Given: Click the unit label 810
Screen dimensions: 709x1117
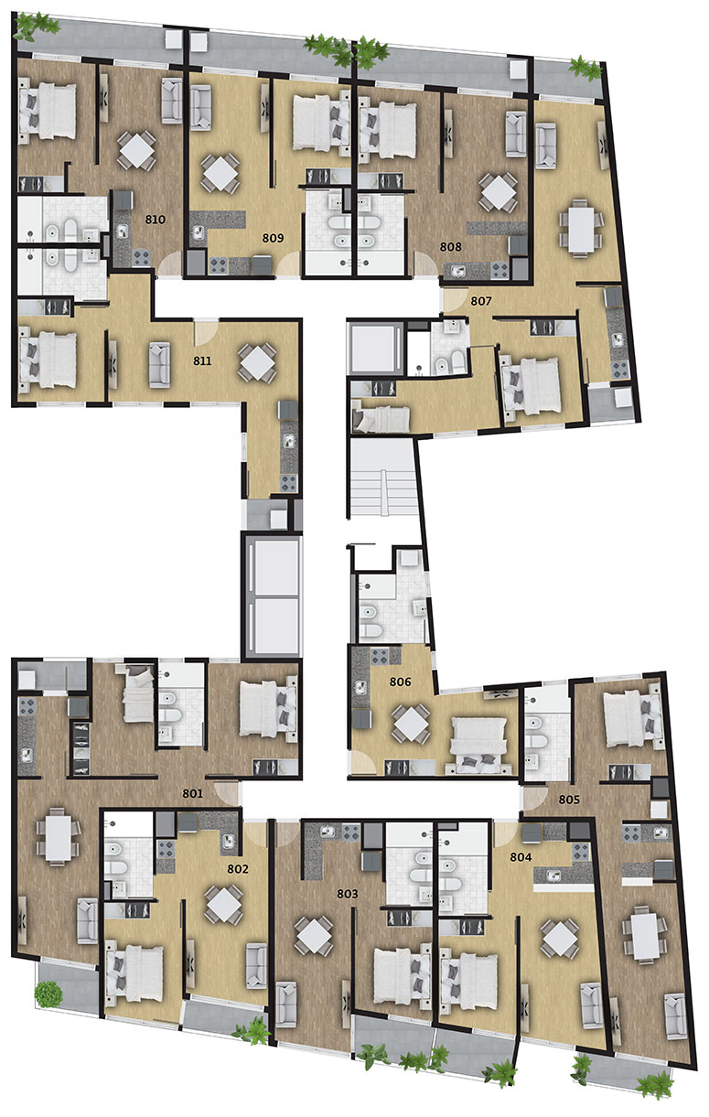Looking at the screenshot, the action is point(155,220).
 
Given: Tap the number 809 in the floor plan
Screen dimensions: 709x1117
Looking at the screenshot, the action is point(273,239).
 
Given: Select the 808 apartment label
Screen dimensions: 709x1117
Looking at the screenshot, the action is point(450,247).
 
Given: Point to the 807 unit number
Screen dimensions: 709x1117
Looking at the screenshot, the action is point(481,301).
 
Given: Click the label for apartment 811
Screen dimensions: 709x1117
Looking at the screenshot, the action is point(202,361).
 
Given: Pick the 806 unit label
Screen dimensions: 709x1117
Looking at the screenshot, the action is point(401,682).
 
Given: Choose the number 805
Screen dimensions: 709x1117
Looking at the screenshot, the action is point(569,800).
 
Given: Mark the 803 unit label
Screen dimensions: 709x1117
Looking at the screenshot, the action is point(347,894).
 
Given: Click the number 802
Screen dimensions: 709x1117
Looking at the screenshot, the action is point(237,869).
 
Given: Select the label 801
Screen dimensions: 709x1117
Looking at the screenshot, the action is point(192,793).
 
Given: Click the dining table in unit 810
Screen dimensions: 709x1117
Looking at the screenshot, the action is point(136,150).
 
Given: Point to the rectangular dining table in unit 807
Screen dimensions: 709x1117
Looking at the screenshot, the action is point(581,229).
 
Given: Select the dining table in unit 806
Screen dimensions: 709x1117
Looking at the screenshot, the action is point(411,724).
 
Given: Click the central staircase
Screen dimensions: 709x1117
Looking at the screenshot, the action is point(383,478).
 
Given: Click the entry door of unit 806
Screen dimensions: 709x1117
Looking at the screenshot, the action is point(362,767).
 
